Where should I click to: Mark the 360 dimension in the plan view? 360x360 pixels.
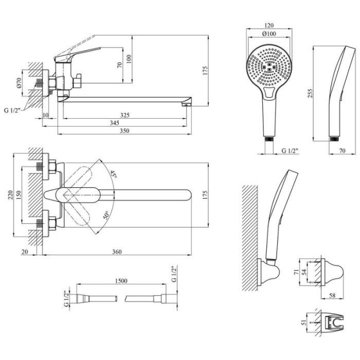[117, 251]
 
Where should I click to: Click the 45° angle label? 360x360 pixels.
[113, 175]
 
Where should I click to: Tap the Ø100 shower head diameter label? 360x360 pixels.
[268, 33]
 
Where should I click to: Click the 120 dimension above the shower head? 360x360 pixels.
[268, 24]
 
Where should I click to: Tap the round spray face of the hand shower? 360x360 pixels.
[269, 67]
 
